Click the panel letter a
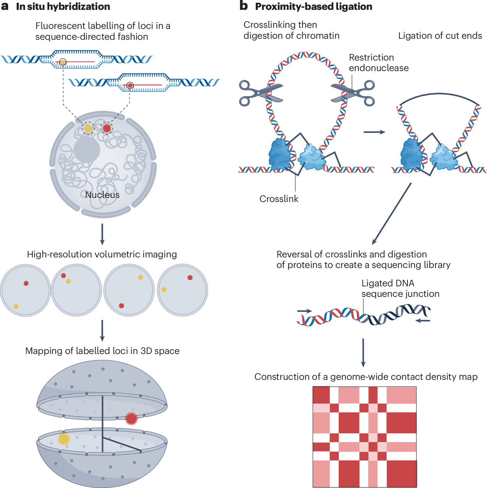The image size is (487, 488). tap(5, 6)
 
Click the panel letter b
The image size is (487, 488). tap(244, 6)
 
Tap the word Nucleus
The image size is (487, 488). tap(102, 195)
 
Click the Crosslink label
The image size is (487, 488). tap(279, 199)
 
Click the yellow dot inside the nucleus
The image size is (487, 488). tap(88, 128)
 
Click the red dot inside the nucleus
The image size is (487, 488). tap(107, 128)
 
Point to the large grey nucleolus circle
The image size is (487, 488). tap(87, 150)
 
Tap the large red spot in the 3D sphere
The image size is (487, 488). tap(131, 419)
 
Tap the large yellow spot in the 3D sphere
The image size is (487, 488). tap(64, 439)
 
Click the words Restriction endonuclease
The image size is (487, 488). tap(379, 63)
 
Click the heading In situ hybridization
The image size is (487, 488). tap(63, 6)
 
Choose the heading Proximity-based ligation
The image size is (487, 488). tap(314, 6)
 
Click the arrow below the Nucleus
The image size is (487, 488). tap(102, 234)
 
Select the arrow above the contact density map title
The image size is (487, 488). tap(363, 353)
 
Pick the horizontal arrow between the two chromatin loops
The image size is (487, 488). tap(374, 132)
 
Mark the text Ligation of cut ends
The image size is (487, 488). tap(440, 36)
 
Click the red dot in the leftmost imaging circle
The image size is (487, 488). tap(26, 283)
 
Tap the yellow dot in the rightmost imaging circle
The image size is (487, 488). tap(164, 289)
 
